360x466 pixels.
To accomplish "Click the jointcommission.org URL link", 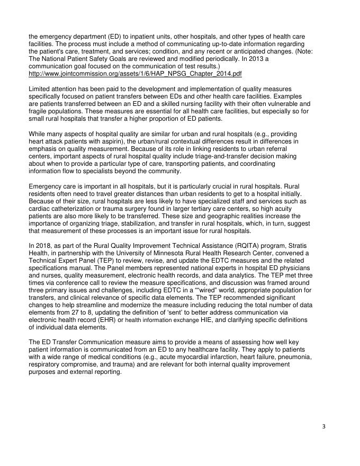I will [x=135, y=74].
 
